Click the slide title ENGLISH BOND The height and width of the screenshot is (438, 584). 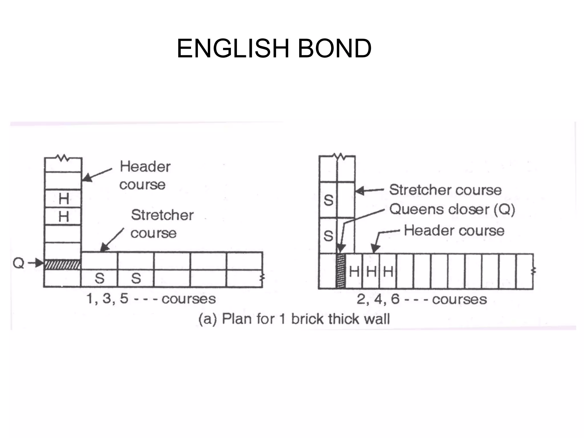[x=274, y=48]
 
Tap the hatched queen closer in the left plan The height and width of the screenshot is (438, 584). [x=62, y=264]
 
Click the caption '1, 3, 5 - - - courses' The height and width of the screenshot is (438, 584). [x=151, y=299]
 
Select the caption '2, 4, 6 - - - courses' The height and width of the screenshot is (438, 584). [x=422, y=299]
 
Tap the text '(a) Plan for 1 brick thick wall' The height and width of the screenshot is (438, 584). [x=294, y=319]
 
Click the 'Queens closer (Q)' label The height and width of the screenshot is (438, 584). [x=452, y=210]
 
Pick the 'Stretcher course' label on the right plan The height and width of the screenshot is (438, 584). [x=445, y=190]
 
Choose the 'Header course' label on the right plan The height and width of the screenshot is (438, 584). [x=454, y=230]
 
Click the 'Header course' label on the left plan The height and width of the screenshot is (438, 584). [x=145, y=175]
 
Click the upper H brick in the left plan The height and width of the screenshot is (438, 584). [x=63, y=198]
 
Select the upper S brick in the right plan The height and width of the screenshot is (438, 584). [x=328, y=200]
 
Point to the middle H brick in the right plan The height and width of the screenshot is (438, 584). [x=371, y=271]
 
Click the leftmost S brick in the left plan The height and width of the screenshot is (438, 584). [x=99, y=278]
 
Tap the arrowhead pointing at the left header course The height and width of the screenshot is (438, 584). [x=87, y=178]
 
